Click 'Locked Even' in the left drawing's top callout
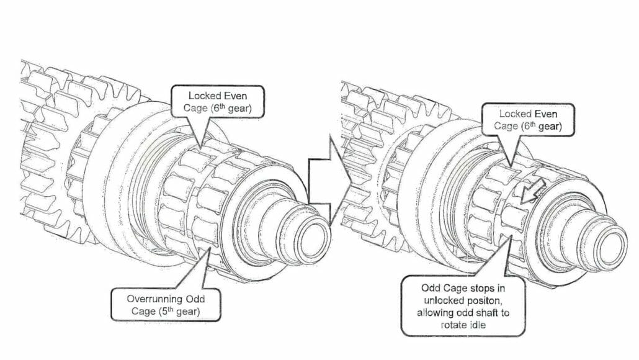220,96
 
